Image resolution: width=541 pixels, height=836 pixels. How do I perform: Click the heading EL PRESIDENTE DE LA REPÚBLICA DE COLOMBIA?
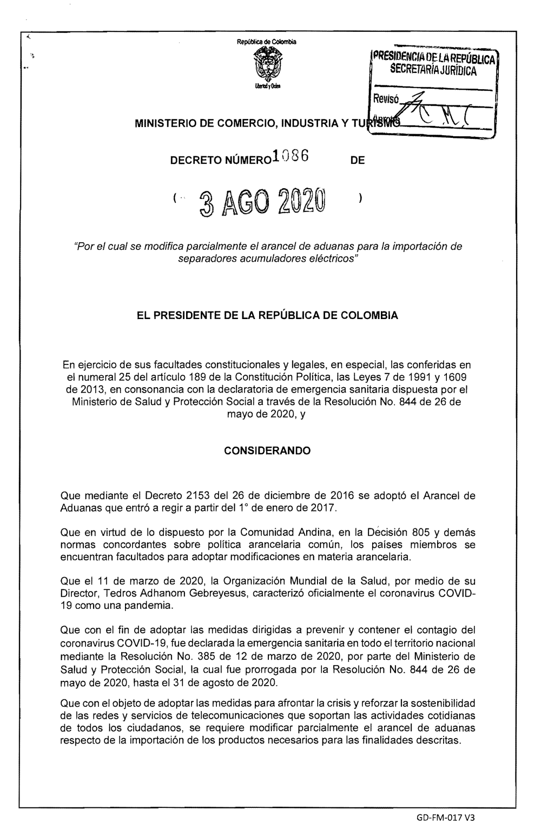pyautogui.click(x=268, y=315)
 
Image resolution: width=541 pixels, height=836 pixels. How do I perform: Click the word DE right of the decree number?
pyautogui.click(x=358, y=160)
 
